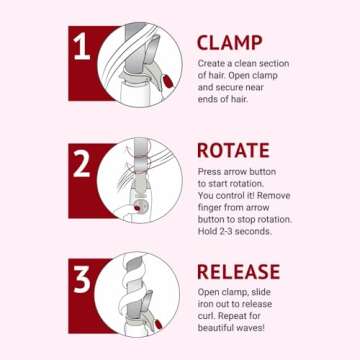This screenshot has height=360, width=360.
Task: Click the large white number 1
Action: tap(82, 47)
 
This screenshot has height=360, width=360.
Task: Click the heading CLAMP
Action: tap(230, 43)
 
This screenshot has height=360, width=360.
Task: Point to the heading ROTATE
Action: tap(233, 150)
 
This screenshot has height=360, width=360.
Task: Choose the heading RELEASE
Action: tap(239, 272)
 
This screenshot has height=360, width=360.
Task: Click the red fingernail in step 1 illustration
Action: tap(167, 81)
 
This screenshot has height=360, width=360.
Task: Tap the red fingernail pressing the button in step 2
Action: tap(137, 208)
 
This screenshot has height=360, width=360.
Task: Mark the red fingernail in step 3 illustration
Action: tap(158, 324)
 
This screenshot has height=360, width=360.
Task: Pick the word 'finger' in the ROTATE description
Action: tap(209, 208)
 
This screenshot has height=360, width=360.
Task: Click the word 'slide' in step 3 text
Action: tap(261, 292)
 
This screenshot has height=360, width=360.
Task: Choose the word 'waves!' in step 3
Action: tap(252, 328)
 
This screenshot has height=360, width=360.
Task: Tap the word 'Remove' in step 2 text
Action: tap(274, 195)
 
